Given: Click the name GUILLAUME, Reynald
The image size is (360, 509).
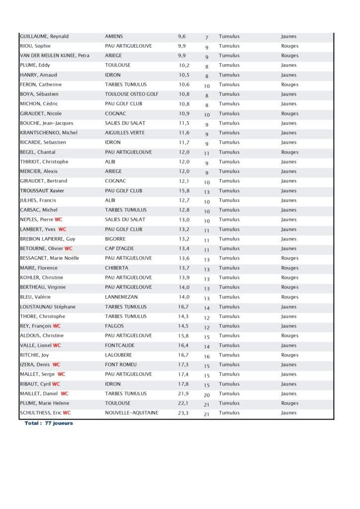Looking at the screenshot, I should pos(44,36).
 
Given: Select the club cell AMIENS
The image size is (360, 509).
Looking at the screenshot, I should pos(114,36).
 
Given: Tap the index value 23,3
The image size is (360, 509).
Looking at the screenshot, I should pos(183,413).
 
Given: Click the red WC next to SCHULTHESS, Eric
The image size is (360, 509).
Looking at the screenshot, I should pos(67,413).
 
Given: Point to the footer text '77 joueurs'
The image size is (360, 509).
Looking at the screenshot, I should pos(59,424).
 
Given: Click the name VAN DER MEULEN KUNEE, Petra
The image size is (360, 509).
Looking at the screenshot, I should pos(55,56).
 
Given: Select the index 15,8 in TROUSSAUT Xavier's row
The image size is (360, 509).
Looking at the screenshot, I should pos(183,191).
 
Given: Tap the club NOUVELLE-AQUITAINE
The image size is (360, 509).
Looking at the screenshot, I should pos(131,413).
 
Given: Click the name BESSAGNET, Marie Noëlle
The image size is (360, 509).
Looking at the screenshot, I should pos(49,258).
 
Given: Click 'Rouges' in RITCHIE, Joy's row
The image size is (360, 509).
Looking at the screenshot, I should pos(289,355).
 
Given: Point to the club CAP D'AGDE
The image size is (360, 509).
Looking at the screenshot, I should pos(119,249).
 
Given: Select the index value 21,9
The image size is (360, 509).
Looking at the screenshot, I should pos(183,394).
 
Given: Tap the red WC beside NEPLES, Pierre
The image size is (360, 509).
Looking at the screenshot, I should pos(59,220).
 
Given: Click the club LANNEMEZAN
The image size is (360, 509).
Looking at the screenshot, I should pos(121,297).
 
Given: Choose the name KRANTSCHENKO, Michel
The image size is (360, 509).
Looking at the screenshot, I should pos(49,133).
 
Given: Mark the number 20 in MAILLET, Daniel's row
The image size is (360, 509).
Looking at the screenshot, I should pos(206,395).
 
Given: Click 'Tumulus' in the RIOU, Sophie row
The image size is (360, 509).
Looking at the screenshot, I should pos(229,46).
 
